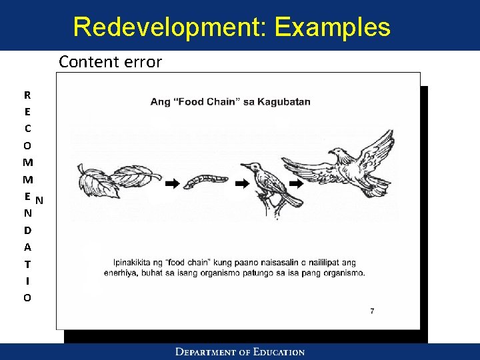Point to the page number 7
(372, 311)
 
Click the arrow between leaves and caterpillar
(172, 183)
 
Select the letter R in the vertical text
(27, 95)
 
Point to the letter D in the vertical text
(27, 230)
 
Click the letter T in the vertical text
(27, 264)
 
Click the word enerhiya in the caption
(119, 273)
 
